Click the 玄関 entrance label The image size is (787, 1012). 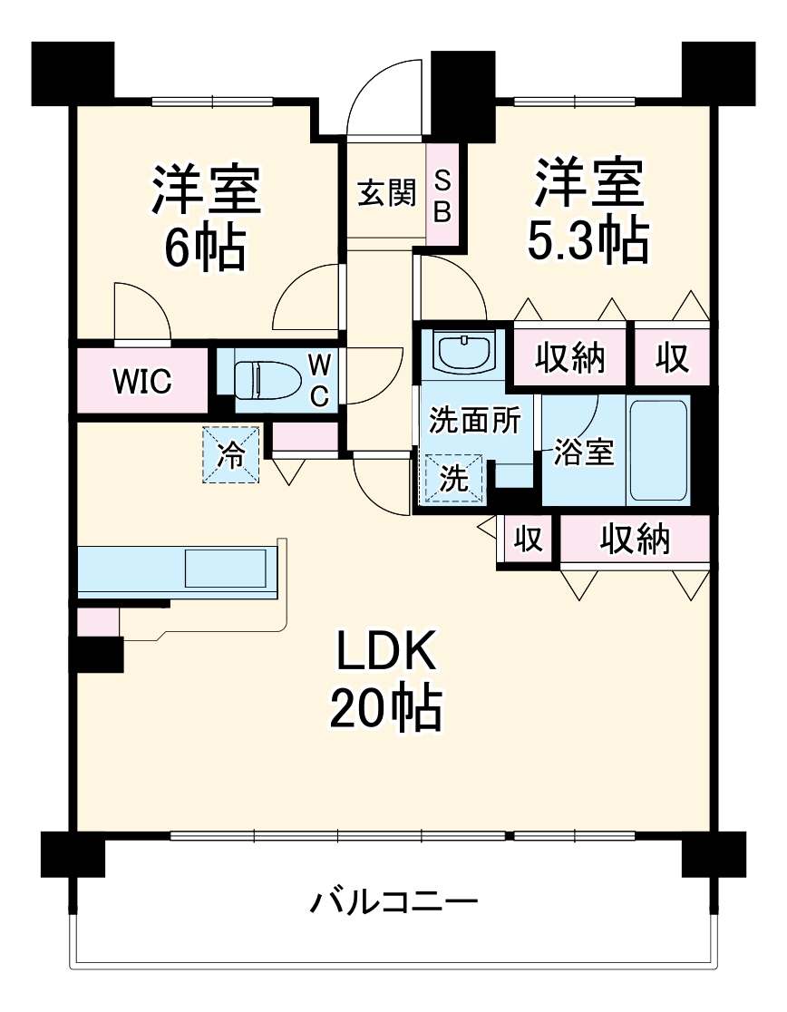[x=385, y=193]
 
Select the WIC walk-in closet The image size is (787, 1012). [x=142, y=382]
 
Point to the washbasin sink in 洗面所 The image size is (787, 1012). [x=464, y=350]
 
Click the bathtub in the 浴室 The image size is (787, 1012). [x=658, y=450]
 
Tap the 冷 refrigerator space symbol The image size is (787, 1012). [x=231, y=455]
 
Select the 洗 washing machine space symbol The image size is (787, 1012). [x=453, y=479]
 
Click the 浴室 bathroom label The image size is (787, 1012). [x=584, y=452]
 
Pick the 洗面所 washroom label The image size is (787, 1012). [x=474, y=420]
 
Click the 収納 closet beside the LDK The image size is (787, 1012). [x=635, y=540]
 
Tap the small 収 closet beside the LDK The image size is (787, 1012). [x=528, y=540]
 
